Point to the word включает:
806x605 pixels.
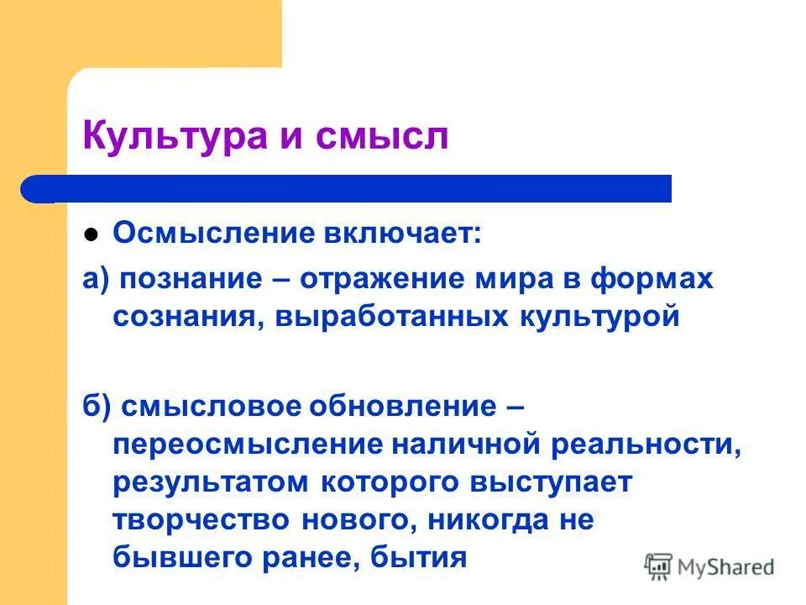(404, 234)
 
